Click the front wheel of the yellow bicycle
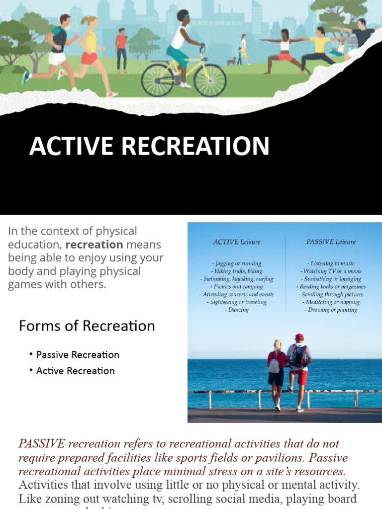(210, 80)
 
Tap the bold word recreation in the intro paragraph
(94, 245)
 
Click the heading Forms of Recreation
(87, 326)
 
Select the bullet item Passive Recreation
(78, 355)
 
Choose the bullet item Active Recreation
(75, 371)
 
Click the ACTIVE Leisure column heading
(237, 242)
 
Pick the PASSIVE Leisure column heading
(331, 242)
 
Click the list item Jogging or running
(236, 263)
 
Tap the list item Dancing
(237, 310)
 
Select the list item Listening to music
(331, 263)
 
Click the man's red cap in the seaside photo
(299, 337)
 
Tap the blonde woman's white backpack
(274, 364)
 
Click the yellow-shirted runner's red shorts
(89, 58)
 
